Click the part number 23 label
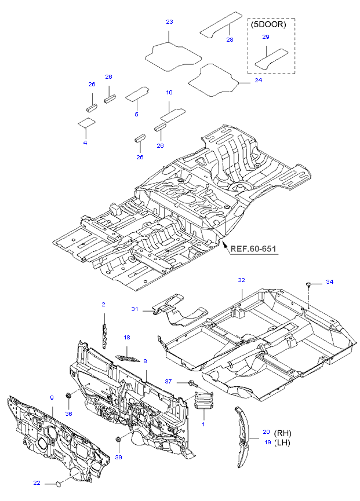pos(169,22)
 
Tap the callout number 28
pos(230,39)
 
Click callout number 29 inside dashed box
pos(266,37)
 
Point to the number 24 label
pos(258,81)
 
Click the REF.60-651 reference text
pos(253,250)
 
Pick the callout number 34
pos(329,282)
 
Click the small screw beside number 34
pos(310,284)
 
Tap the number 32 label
pos(241,280)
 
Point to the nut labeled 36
pos(68,396)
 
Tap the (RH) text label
pos(283,433)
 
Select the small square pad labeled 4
pos(86,122)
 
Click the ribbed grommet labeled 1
pos(203,400)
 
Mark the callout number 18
pos(126,337)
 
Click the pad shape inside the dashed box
pos(271,56)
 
